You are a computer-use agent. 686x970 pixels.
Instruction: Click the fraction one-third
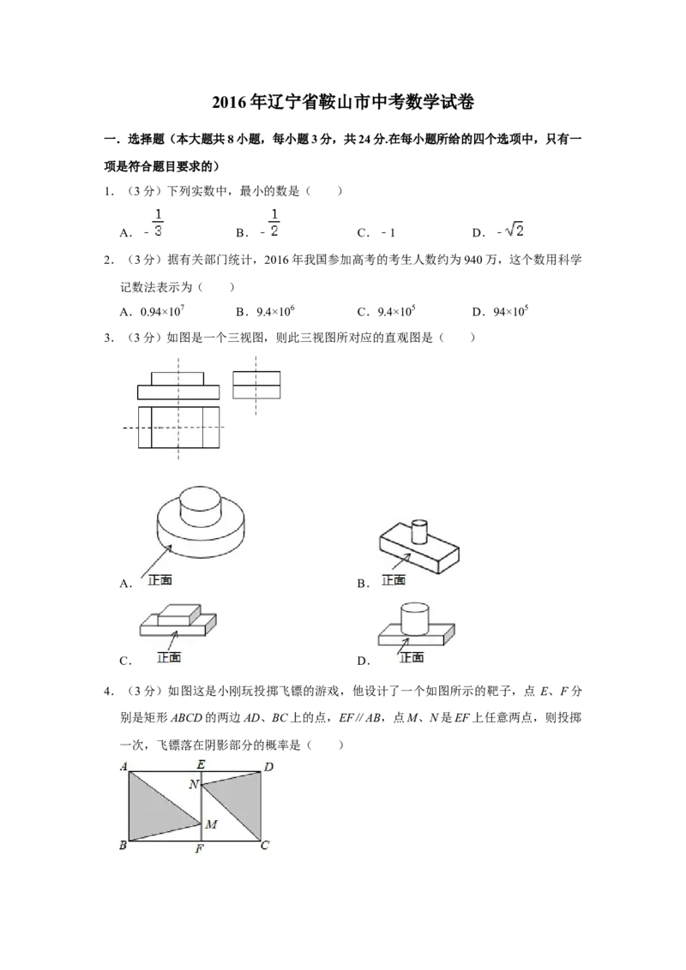point(158,223)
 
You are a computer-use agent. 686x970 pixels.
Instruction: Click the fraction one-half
point(274,223)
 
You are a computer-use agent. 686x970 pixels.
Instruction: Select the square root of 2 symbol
point(514,230)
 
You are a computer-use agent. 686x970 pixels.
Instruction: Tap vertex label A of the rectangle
point(123,766)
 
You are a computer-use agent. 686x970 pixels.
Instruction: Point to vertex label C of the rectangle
point(265,847)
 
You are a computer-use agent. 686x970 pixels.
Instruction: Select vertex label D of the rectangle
point(268,766)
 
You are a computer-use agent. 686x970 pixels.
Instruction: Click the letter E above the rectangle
point(201,764)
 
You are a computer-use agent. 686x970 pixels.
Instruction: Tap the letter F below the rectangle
point(200,849)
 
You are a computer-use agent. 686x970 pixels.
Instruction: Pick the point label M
point(211,824)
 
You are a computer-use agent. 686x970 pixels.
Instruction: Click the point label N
point(194,784)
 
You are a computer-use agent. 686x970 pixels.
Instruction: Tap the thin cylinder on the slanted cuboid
point(418,531)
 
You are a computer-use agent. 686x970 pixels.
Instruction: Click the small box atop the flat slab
point(178,614)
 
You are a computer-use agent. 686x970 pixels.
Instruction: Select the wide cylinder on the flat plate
point(416,619)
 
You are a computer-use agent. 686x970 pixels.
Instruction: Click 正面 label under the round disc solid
point(159,580)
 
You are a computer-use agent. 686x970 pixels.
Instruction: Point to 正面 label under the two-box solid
point(169,658)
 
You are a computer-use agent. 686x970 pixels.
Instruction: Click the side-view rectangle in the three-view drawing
point(256,385)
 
